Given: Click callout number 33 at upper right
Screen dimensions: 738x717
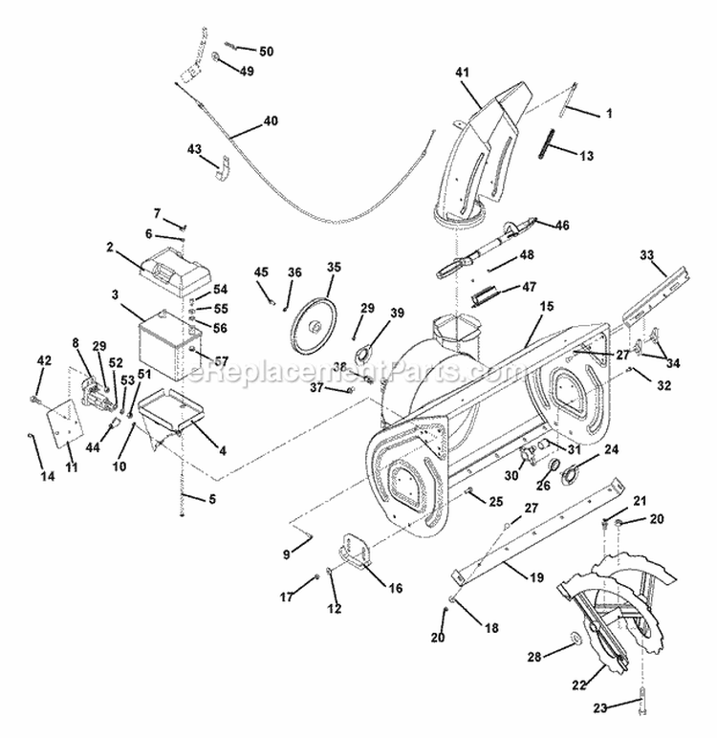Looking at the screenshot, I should click(x=647, y=255).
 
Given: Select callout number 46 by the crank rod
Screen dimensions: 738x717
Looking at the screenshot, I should click(x=561, y=226).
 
